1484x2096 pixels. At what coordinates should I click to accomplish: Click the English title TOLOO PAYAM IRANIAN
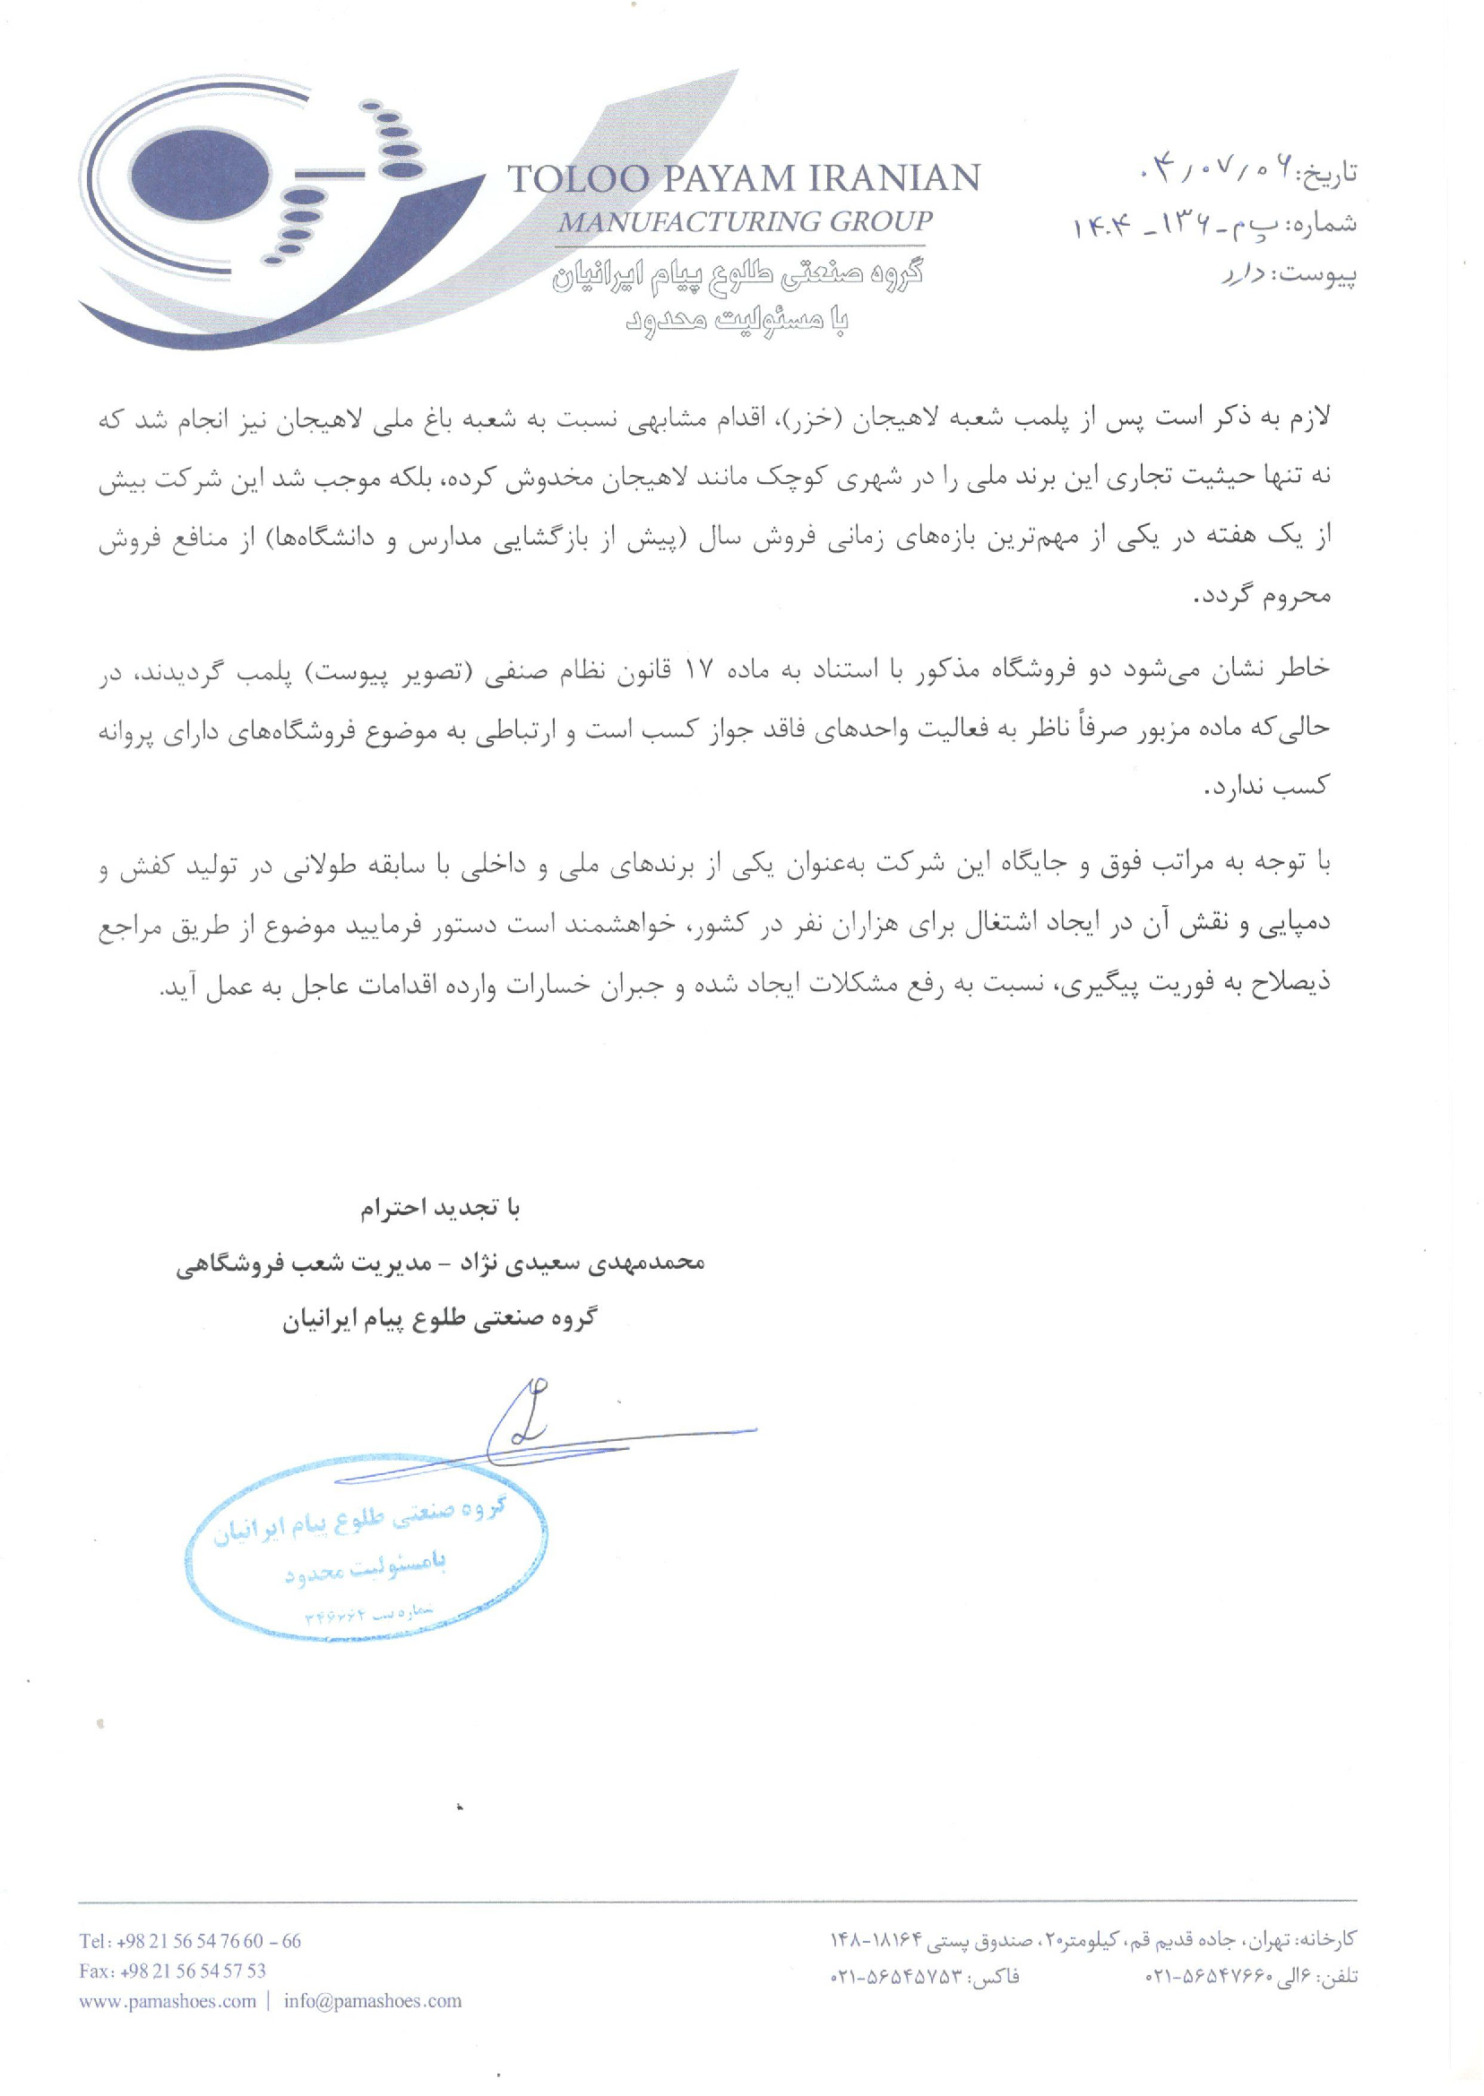click(x=743, y=178)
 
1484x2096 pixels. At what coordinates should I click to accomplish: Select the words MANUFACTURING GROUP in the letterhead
click(x=745, y=222)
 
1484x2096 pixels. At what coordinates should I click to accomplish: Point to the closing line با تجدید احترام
click(x=439, y=1209)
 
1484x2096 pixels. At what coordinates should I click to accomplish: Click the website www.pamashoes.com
click(x=168, y=2001)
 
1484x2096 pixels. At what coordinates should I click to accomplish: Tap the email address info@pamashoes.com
click(x=372, y=2001)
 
